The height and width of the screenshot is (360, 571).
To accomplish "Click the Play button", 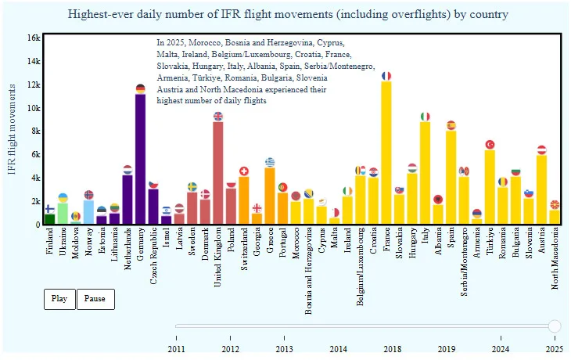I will point(59,299).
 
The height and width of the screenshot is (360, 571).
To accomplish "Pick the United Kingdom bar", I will point(218,173).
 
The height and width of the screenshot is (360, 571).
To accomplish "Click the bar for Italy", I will point(425,173).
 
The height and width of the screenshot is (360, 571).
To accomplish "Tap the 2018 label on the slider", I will point(393,348).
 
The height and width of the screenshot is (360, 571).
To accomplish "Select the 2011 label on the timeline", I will point(177,348).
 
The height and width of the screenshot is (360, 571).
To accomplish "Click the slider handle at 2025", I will point(555,326).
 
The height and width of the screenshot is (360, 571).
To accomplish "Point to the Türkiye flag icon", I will point(490,145).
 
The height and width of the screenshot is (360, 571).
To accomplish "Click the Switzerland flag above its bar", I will point(244,171).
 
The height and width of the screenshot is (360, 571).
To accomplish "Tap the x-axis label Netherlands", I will point(127,250).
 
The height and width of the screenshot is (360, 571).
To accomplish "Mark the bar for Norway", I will point(89,212).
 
